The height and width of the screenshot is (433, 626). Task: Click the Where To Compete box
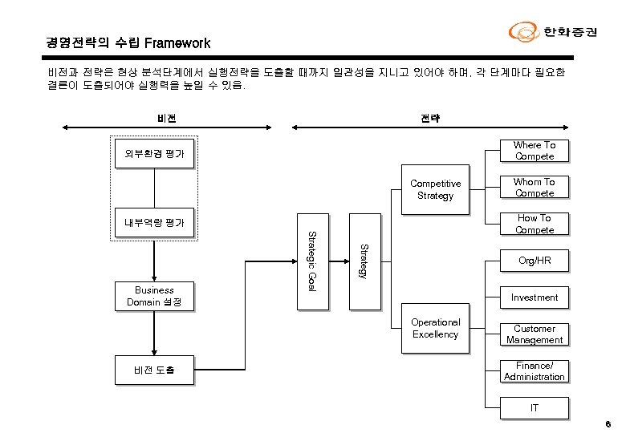coord(535,151)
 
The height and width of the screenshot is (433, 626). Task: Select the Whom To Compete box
coord(535,188)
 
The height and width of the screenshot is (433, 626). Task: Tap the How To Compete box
coord(535,224)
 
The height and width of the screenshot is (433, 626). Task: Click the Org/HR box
coord(535,261)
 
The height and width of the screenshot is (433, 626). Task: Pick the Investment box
coord(535,297)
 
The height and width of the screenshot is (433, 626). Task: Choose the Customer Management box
coord(535,334)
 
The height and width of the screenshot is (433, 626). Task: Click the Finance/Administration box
coord(535,371)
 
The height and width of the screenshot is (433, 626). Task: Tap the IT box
coord(535,408)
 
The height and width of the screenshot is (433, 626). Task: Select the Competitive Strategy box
coord(435,190)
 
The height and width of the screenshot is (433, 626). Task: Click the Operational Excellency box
coord(435,329)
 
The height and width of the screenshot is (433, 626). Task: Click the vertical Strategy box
coord(364,261)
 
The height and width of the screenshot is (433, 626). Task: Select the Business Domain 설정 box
coord(154,296)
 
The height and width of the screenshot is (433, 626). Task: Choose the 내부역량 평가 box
coord(154,223)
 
